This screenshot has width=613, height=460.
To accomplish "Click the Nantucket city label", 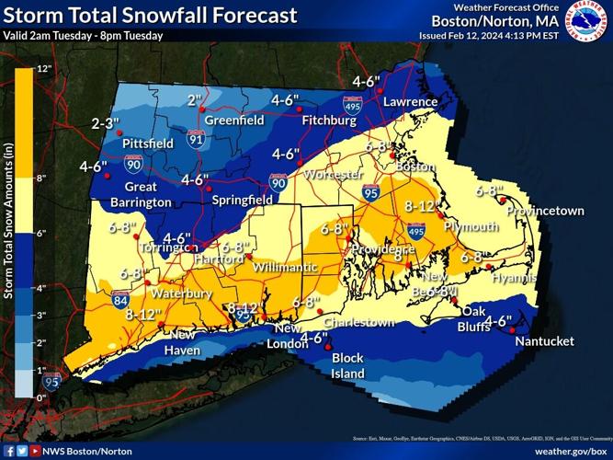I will pos(544,341).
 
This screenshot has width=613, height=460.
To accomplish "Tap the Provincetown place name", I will pos(545,211).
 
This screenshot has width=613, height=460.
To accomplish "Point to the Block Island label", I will pos(347,365).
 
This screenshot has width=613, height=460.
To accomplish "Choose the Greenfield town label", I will pos(233,121).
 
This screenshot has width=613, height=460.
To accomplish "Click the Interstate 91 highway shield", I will pos(195,140).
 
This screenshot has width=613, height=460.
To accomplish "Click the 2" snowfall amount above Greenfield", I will pos(194,100).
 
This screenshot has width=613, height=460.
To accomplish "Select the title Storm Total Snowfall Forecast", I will pos(151,16).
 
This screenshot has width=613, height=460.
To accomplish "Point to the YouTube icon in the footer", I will pos(34,452).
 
